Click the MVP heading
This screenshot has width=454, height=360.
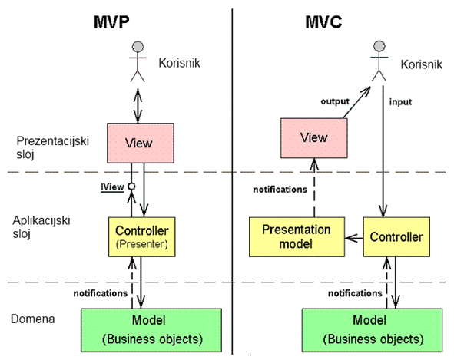pos(111,21)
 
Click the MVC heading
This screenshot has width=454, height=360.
pos(323,21)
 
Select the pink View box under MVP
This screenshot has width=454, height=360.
pos(141,143)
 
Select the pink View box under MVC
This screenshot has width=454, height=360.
pos(314,137)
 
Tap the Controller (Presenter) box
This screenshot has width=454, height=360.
pos(142,236)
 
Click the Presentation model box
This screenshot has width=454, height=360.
pos(297,236)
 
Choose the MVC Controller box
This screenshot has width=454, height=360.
pos(396,236)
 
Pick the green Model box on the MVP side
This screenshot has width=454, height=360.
pos(151,330)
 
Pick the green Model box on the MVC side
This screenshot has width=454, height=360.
pos(372,330)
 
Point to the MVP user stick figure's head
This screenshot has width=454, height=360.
pos(138,47)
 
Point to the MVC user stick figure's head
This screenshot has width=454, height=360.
pos(379,46)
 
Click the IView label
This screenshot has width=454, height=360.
pos(112,187)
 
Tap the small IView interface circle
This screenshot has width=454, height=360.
pos(131,187)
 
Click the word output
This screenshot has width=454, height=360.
pos(335,101)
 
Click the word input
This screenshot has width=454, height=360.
pos(400,102)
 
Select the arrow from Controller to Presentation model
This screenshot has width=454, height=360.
pos(354,238)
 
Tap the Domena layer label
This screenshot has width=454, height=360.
pos(33,319)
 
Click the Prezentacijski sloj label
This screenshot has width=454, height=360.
pos(52,147)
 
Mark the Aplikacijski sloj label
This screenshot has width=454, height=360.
pos(41,227)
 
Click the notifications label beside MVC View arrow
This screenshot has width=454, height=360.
pos(280,190)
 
